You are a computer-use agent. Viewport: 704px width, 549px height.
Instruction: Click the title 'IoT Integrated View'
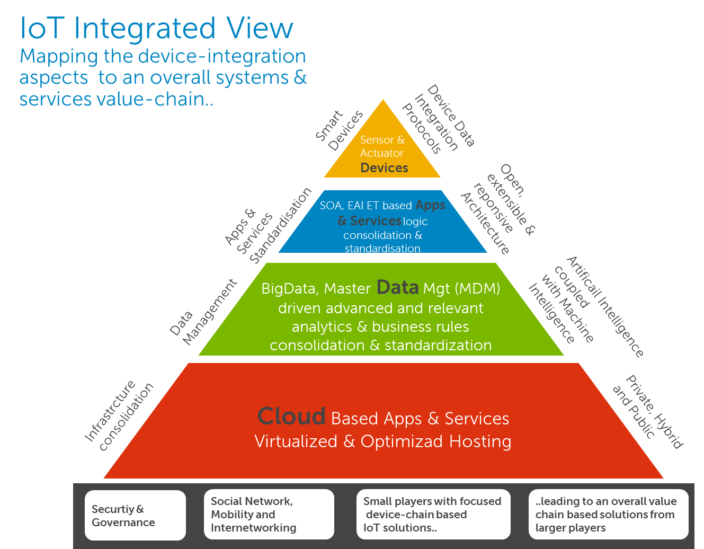(156, 29)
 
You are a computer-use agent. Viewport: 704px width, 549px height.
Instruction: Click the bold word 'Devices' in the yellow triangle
(384, 168)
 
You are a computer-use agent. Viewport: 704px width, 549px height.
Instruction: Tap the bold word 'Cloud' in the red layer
(291, 417)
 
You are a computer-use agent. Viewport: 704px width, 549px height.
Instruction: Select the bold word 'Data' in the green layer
(397, 287)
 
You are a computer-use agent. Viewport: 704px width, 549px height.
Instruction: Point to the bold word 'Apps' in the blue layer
(430, 205)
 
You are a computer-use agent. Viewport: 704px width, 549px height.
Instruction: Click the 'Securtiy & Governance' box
(135, 515)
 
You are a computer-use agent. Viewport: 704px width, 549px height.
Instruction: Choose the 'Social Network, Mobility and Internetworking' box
(269, 514)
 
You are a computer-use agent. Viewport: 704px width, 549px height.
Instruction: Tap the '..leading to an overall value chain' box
(608, 514)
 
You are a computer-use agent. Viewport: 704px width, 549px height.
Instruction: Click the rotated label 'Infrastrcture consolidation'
(119, 415)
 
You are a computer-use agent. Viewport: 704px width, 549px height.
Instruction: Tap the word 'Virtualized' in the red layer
(296, 441)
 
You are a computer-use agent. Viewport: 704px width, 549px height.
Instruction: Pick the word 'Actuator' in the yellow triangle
(381, 153)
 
